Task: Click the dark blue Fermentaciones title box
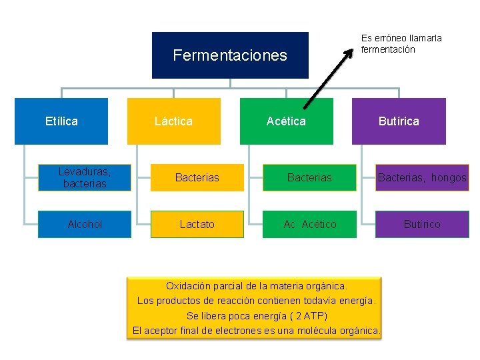pos(230,55)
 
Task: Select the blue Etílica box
pos(61,121)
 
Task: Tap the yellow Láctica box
pos(173,121)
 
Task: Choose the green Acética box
pos(286,121)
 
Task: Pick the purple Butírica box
pos(399,121)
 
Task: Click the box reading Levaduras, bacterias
pos(85,178)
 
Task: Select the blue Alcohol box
pos(85,225)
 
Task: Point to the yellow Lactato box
pos(197,225)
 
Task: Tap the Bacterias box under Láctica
pos(197,178)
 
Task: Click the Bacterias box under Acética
pos(309,178)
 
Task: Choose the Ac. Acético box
pos(309,225)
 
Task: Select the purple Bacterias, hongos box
pos(422,178)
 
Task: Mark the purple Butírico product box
pos(422,225)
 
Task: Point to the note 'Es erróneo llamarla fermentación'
pos(401,44)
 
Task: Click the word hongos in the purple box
pos(449,178)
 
